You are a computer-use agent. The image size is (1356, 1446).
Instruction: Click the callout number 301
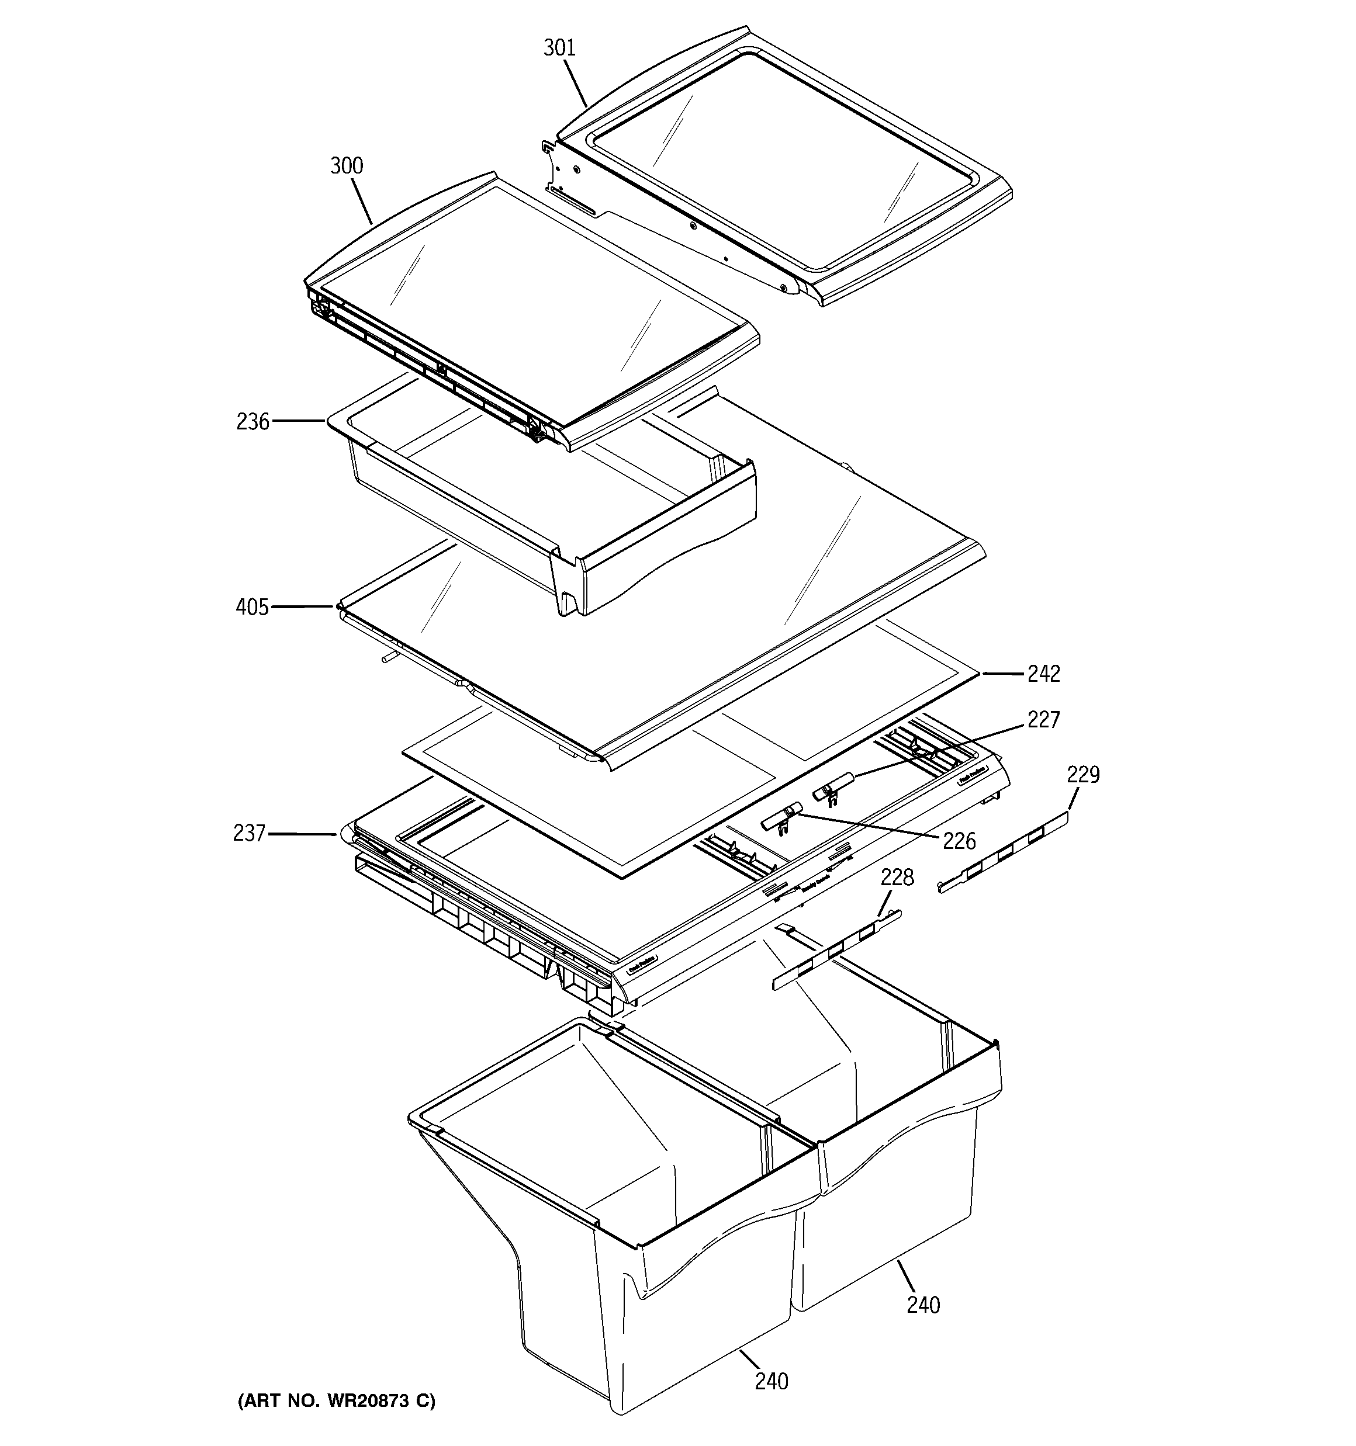[559, 48]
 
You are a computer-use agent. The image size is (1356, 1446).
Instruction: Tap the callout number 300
[347, 166]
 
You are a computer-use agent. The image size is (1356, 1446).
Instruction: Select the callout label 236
[252, 422]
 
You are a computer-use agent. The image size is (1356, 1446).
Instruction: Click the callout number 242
[1043, 674]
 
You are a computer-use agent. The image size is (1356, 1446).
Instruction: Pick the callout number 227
[1043, 719]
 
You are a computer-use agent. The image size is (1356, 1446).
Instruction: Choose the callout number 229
[1083, 774]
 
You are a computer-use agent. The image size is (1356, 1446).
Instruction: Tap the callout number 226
[959, 841]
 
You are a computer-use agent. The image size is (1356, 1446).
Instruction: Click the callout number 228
[897, 878]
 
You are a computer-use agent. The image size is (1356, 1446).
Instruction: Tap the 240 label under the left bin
[772, 1381]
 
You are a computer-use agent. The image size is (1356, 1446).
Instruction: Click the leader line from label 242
[1002, 674]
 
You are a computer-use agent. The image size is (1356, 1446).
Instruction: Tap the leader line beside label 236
[299, 421]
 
